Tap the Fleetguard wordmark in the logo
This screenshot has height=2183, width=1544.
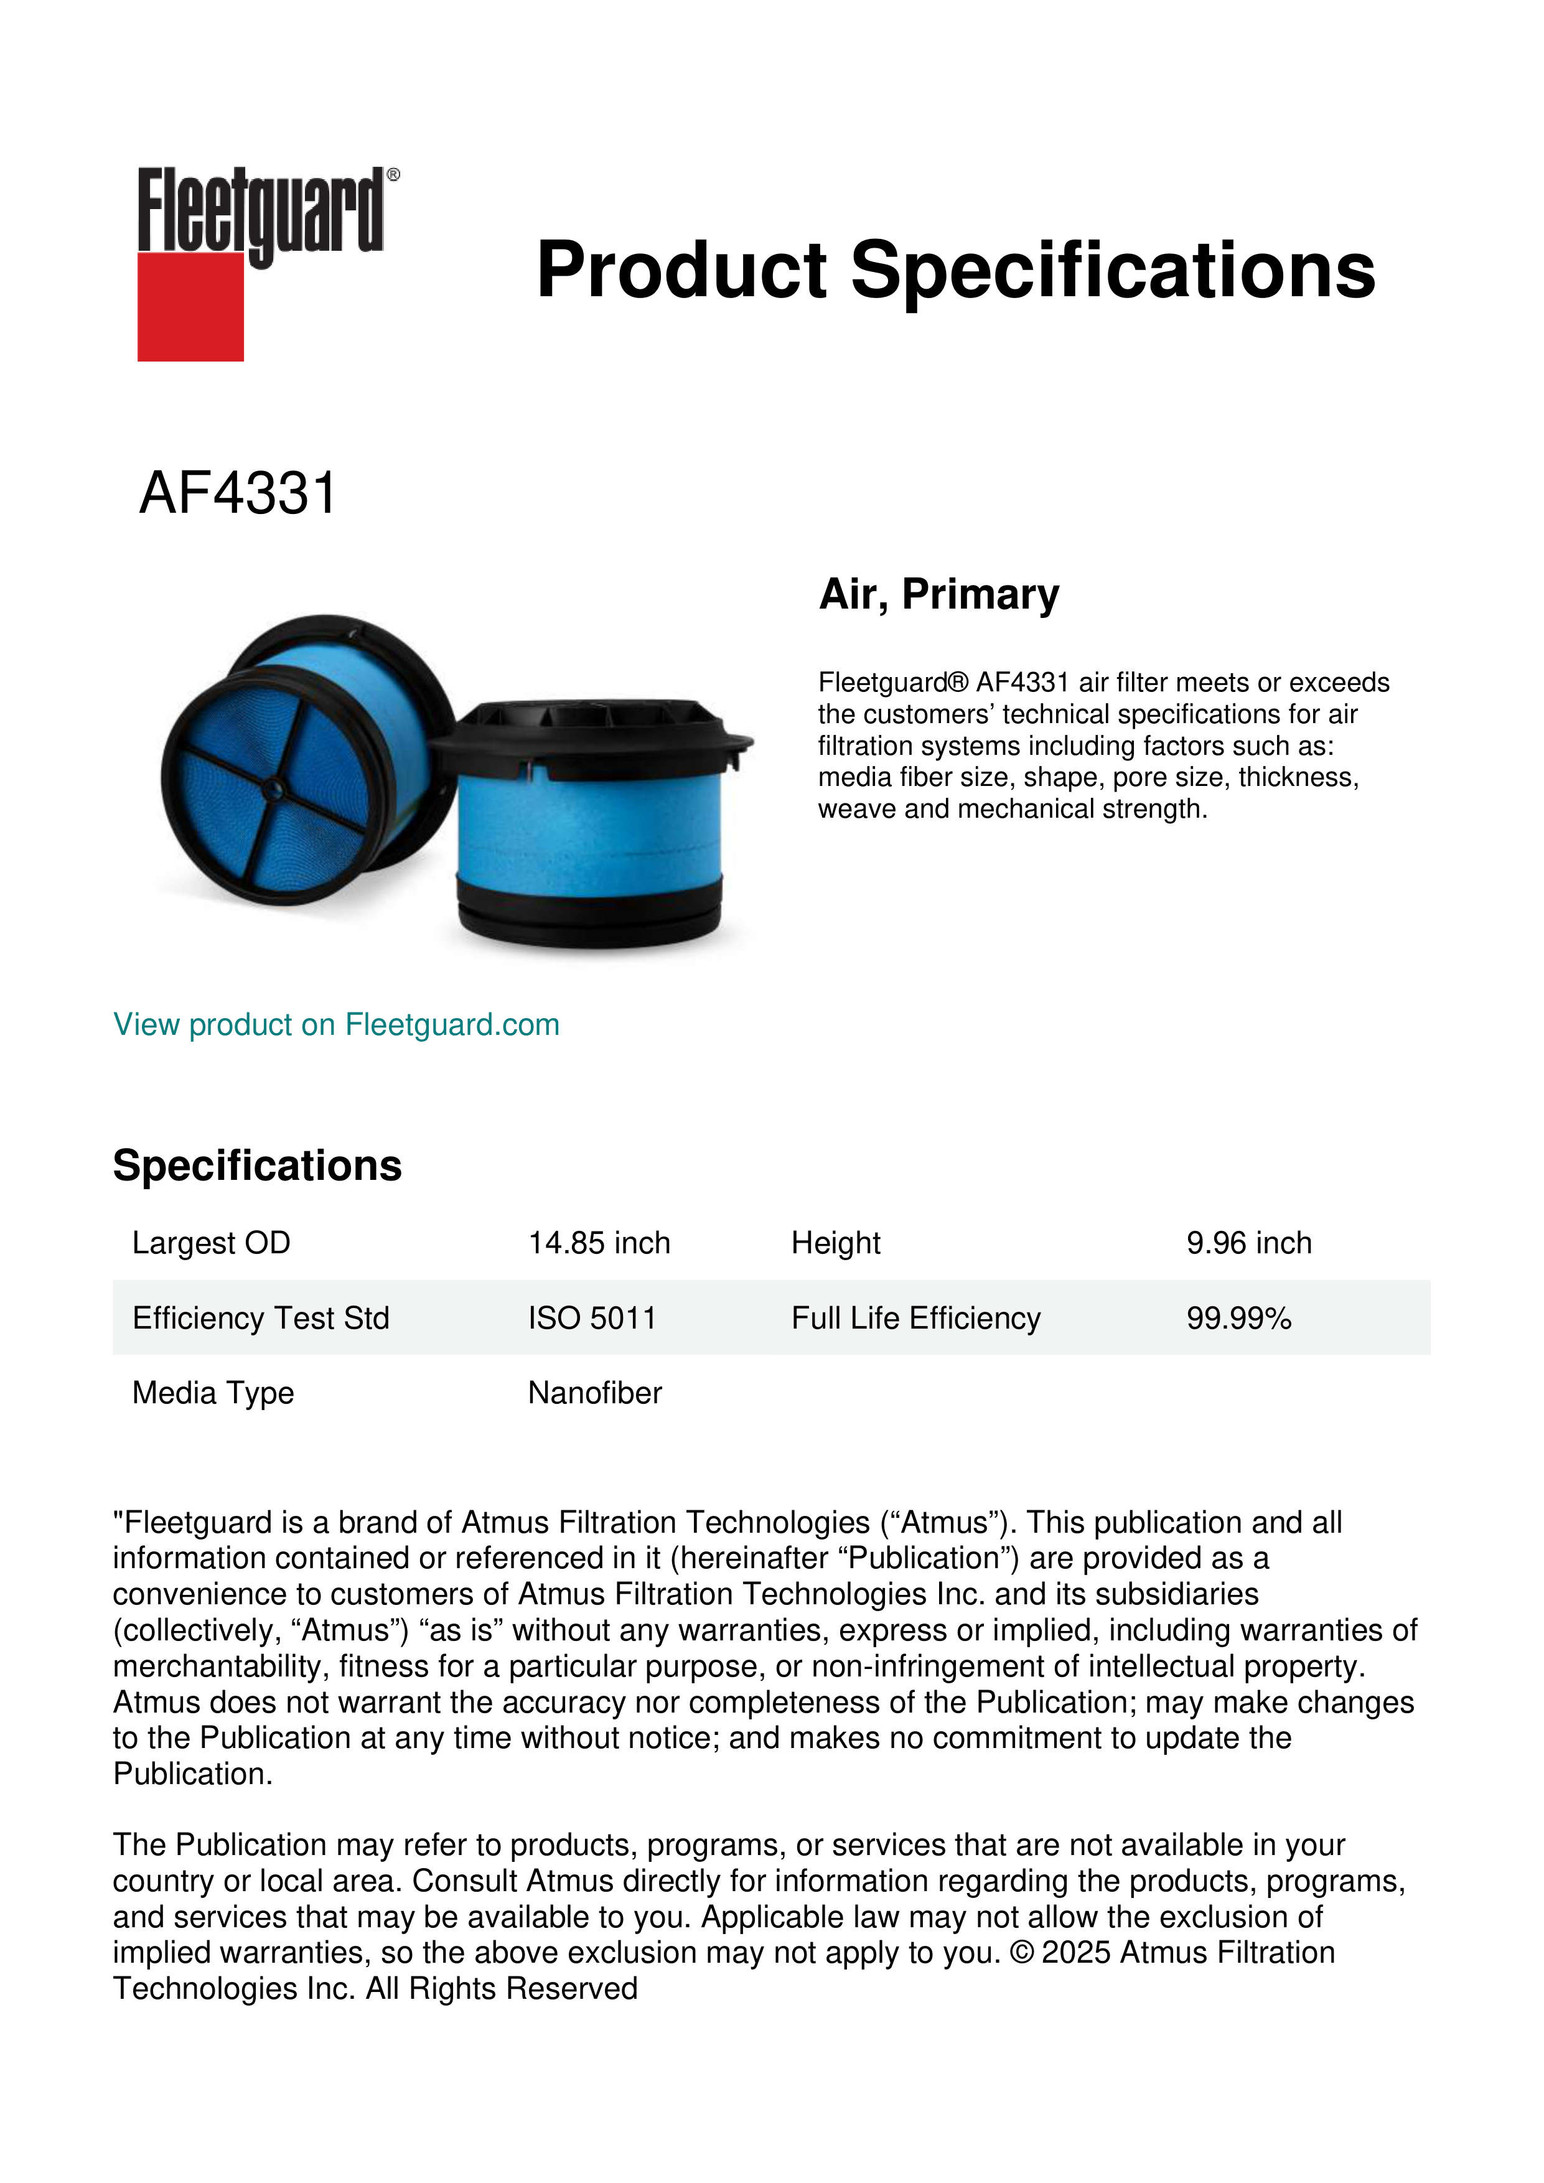pyautogui.click(x=261, y=211)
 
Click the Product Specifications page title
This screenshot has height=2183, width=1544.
pyautogui.click(x=955, y=270)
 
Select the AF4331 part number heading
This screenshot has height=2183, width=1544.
pyautogui.click(x=238, y=493)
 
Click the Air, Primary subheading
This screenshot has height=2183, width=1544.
pyautogui.click(x=938, y=594)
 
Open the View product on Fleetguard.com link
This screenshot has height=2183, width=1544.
pyautogui.click(x=335, y=1025)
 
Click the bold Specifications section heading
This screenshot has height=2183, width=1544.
pyautogui.click(x=256, y=1166)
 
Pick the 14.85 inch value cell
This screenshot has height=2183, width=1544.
pyautogui.click(x=599, y=1243)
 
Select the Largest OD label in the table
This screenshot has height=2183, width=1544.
pyautogui.click(x=211, y=1243)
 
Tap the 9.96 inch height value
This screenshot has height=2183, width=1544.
pyautogui.click(x=1248, y=1243)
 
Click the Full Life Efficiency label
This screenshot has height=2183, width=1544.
pyautogui.click(x=915, y=1318)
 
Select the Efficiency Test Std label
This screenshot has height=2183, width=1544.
pyautogui.click(x=261, y=1318)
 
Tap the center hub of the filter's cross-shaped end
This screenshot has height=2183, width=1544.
pyautogui.click(x=273, y=787)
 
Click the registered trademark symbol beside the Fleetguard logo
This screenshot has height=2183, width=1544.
pyautogui.click(x=393, y=175)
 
